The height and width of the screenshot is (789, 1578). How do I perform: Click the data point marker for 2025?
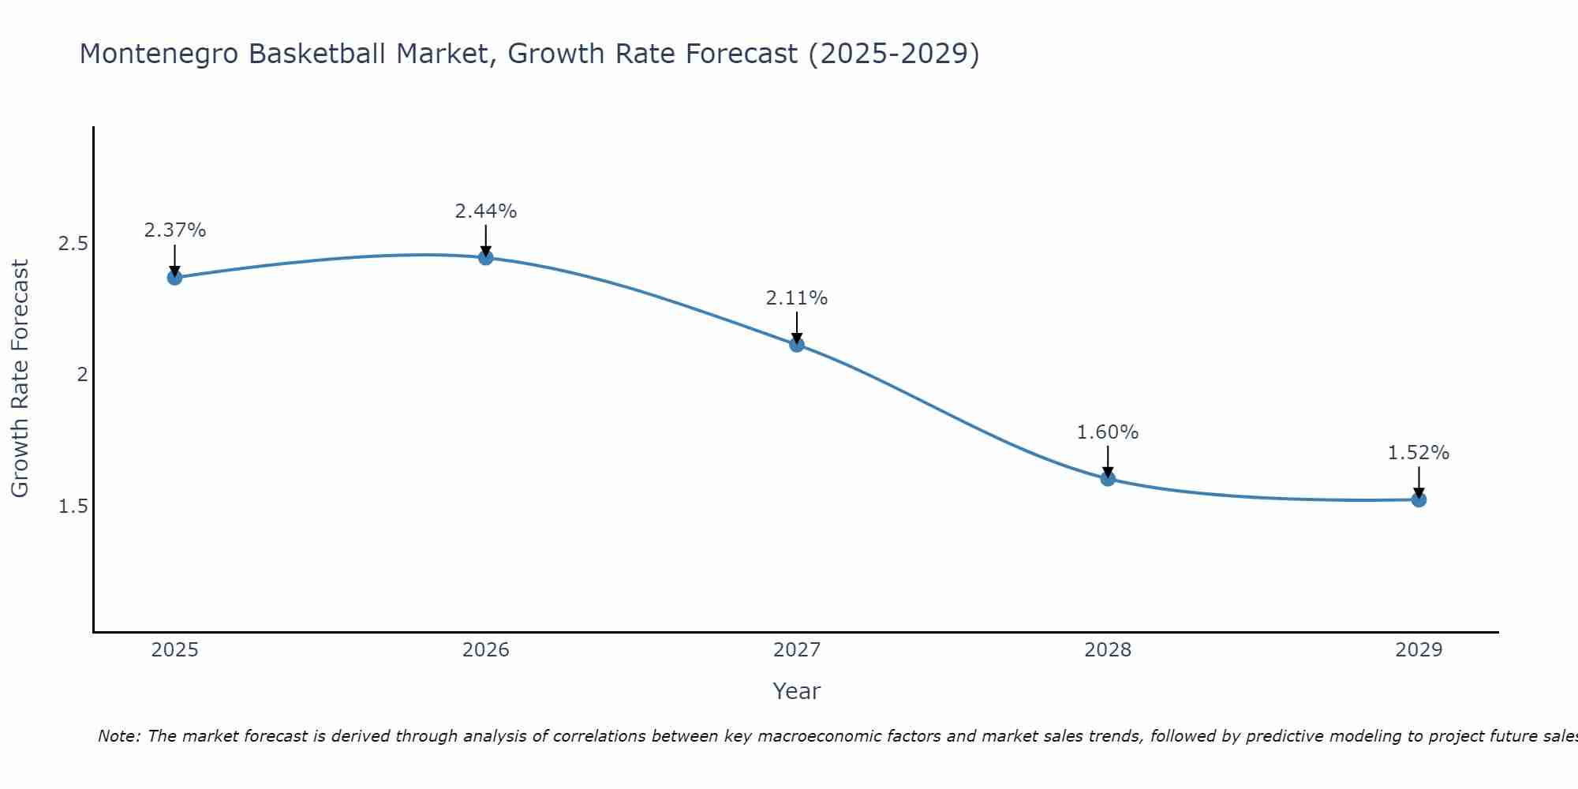174,277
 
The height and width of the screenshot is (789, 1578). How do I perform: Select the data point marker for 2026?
486,257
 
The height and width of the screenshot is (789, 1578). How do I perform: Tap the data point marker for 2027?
797,344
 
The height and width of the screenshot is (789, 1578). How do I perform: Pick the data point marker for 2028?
1108,478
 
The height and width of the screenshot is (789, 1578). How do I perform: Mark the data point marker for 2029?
1419,499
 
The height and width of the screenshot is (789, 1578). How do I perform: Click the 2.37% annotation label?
174,230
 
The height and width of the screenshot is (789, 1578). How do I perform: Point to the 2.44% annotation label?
486,211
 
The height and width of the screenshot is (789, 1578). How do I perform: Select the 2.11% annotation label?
797,298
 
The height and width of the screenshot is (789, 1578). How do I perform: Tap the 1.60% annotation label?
1108,432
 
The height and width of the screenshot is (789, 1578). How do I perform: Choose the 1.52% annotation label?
1419,453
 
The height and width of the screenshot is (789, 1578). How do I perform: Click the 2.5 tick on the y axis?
73,244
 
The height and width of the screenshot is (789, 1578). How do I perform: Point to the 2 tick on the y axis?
81,375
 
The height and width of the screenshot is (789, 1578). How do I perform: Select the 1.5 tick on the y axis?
73,506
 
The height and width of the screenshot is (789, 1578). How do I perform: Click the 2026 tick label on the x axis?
486,650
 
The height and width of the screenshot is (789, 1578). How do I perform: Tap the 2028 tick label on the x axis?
1108,650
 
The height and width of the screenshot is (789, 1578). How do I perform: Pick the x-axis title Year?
797,691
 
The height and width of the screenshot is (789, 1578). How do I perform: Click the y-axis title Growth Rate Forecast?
20,379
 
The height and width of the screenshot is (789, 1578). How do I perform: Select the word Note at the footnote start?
118,736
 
